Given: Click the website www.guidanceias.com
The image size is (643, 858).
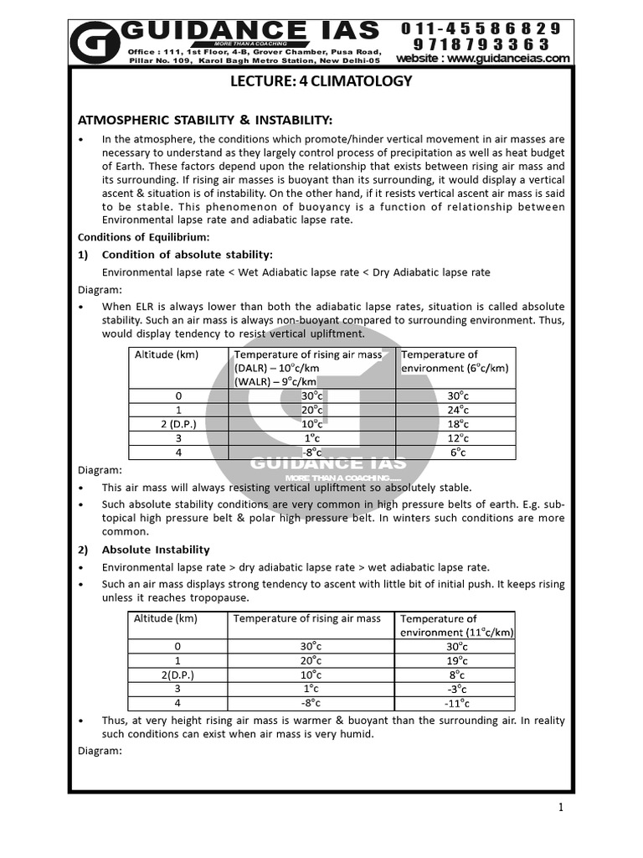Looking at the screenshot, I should click(483, 58).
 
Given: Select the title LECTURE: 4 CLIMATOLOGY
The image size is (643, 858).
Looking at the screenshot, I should click(321, 81).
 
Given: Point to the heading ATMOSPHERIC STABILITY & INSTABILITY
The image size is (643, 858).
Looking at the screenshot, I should click(205, 120).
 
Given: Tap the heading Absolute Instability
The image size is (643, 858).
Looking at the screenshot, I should click(156, 550).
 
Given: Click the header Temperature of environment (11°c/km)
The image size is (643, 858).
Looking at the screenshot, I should click(456, 625).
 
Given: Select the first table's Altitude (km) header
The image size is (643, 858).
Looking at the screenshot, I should click(167, 354).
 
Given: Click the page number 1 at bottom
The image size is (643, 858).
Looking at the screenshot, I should click(560, 808).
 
